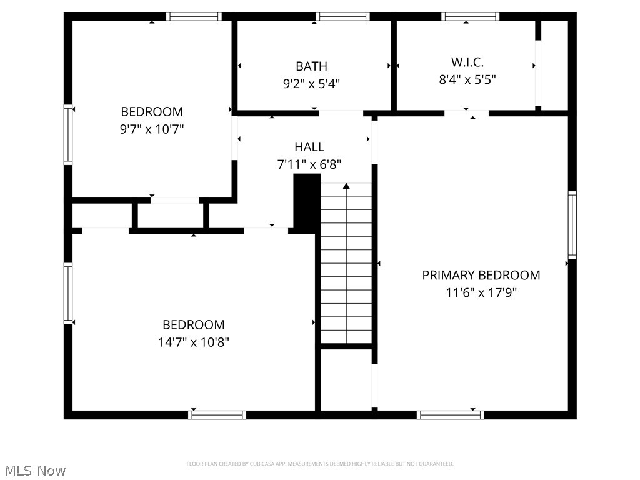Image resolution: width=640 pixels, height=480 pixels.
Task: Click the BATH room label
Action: tap(311, 66)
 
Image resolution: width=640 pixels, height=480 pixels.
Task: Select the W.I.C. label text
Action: tap(467, 62)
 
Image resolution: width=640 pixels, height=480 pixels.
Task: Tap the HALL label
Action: tap(309, 147)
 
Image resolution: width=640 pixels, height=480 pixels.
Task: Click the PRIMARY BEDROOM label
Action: tap(481, 275)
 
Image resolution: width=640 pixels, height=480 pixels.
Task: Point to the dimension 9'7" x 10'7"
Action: tap(152, 129)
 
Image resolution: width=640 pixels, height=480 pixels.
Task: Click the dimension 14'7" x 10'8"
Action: tap(193, 342)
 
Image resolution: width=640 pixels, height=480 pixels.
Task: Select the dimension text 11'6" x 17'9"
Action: tap(481, 292)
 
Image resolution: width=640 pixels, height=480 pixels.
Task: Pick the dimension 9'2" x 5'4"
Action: tap(311, 84)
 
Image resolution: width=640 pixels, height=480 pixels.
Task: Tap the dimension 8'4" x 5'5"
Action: tap(467, 79)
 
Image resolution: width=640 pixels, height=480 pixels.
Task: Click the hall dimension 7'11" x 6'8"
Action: tap(309, 164)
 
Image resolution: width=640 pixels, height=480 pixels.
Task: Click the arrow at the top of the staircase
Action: tap(346, 186)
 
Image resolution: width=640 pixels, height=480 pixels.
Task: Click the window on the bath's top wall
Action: tap(342, 17)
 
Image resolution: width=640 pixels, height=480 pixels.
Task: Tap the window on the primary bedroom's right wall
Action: tap(572, 225)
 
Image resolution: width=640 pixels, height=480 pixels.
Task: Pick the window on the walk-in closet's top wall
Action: tap(470, 17)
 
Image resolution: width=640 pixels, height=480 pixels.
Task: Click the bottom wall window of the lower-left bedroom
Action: tap(217, 414)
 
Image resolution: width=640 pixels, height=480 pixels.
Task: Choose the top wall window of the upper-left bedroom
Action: tap(194, 17)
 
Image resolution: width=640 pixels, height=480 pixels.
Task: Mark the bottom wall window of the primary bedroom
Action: tap(451, 414)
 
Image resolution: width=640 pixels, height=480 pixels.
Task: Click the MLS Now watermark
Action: tap(35, 470)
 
